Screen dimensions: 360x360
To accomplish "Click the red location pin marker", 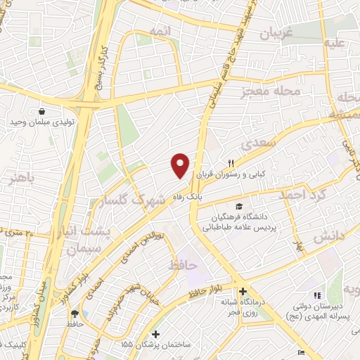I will point(181,165).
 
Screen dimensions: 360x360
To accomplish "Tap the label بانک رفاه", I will point(194,198).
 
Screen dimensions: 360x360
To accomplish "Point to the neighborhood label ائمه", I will point(156,30).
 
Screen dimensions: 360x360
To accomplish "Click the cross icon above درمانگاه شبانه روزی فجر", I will point(242,291).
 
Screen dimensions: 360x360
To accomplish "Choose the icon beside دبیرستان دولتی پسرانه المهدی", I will point(316,295).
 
